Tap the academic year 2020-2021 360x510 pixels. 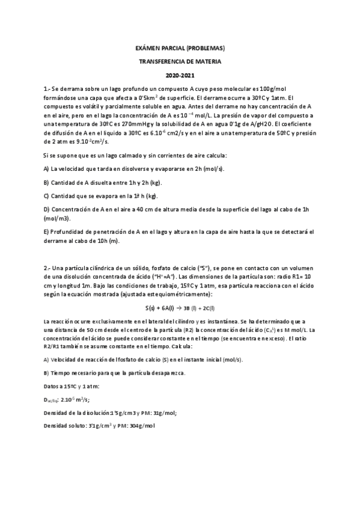tap(180, 75)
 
